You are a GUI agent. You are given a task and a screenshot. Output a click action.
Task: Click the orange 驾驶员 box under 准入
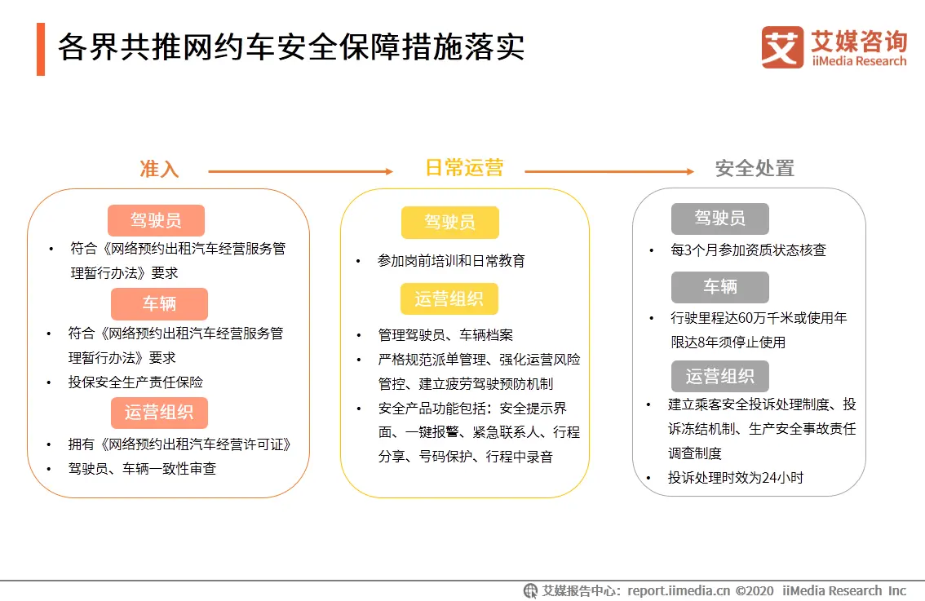156,220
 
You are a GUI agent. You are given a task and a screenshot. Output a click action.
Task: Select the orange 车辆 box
159,303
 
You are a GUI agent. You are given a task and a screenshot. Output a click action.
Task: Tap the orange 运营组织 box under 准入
159,413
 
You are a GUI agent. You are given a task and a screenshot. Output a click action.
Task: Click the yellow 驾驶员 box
450,223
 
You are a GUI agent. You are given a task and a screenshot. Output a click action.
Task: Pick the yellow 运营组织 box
449,299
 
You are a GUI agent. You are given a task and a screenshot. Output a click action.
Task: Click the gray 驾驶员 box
719,219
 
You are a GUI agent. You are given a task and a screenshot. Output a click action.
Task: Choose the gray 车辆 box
719,287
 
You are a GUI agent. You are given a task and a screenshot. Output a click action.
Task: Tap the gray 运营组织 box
719,376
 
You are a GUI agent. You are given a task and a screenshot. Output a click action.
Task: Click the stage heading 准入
159,169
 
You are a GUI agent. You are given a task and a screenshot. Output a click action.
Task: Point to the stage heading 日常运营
465,168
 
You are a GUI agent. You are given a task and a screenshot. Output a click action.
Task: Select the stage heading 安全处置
755,169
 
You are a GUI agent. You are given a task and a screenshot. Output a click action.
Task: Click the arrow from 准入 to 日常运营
301,171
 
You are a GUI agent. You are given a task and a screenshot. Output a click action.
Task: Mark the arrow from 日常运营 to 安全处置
609,171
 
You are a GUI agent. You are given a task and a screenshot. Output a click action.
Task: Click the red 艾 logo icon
782,47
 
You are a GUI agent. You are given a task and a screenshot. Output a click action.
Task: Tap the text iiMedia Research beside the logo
859,61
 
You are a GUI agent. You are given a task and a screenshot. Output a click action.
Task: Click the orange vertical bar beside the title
41,49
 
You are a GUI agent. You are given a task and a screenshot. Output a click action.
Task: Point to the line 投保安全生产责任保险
135,382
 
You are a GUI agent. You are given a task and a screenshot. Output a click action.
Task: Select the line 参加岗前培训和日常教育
451,261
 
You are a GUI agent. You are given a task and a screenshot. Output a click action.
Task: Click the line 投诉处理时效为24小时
736,478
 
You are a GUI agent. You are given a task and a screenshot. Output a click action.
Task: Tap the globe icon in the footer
530,590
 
